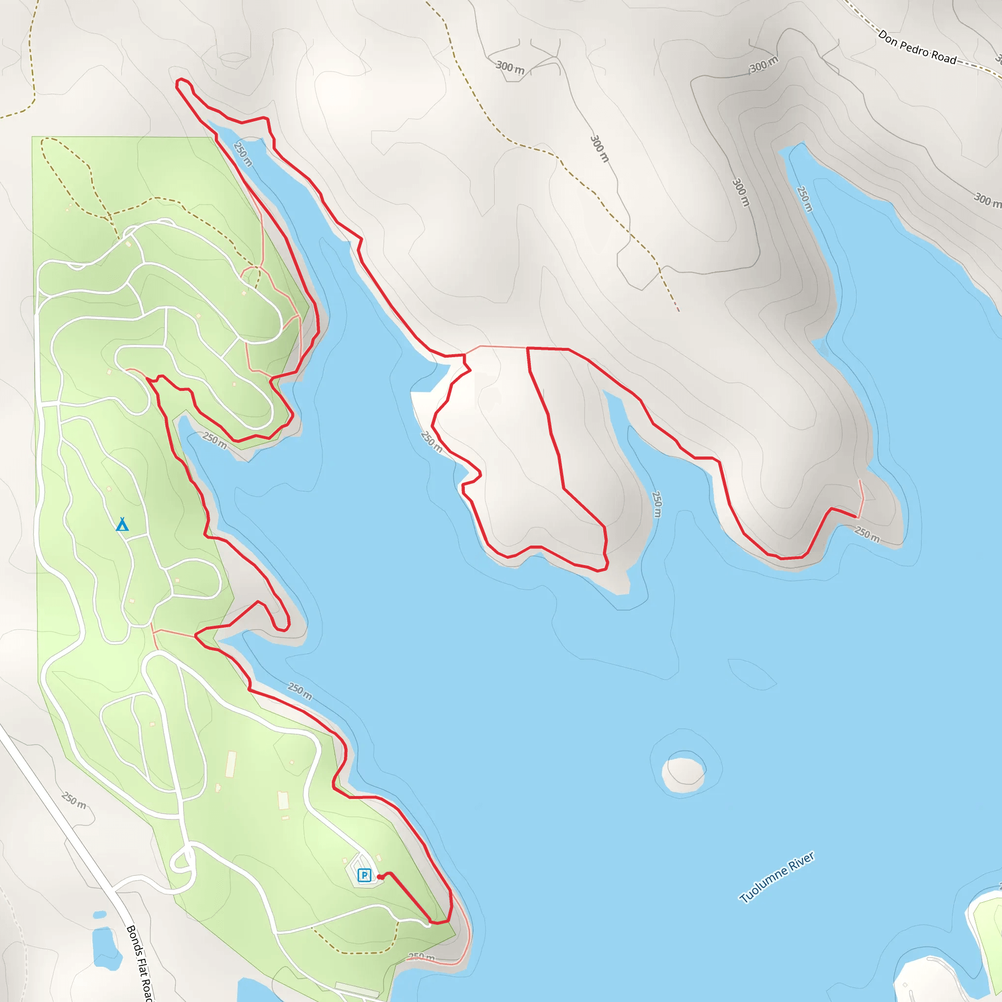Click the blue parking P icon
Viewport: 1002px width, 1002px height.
tap(364, 875)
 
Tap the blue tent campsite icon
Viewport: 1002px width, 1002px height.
tap(122, 524)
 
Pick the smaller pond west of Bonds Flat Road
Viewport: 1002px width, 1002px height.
tap(100, 915)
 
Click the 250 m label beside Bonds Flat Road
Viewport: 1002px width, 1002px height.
tap(74, 801)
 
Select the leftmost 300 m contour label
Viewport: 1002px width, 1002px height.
tap(510, 67)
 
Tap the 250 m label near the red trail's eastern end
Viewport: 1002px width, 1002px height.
tap(867, 534)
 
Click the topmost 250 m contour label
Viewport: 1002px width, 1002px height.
tap(243, 154)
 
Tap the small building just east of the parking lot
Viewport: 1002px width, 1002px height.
tap(379, 858)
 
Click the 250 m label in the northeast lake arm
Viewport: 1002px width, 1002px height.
tap(804, 199)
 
